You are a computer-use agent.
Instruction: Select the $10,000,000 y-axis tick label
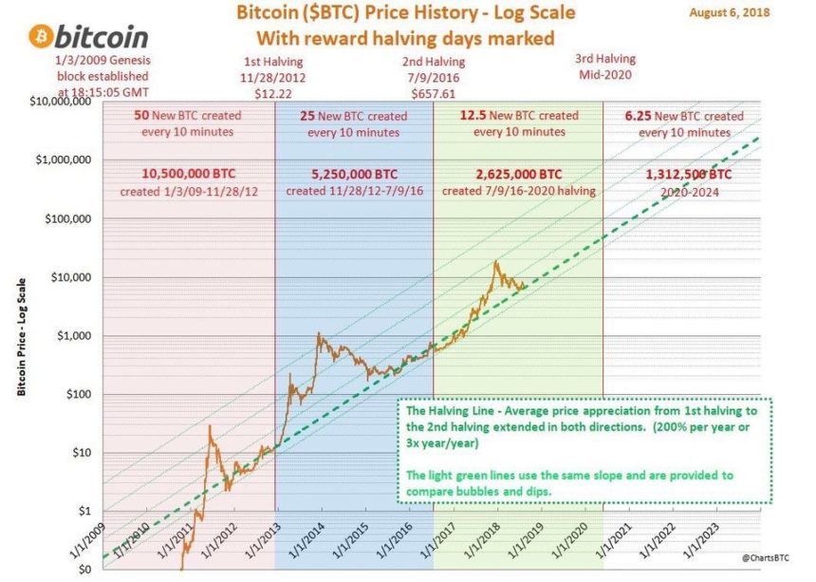61,103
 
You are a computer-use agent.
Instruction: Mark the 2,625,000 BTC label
516,175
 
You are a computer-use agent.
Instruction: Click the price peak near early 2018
494,262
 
